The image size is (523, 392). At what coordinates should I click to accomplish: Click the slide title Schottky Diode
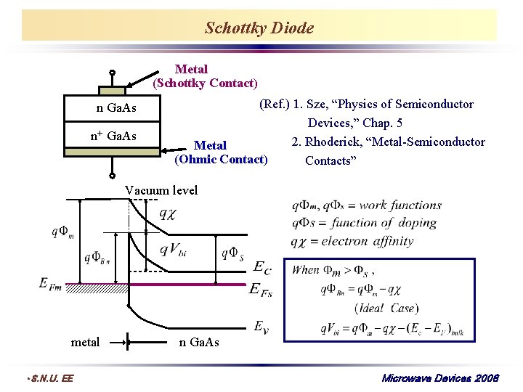[259, 28]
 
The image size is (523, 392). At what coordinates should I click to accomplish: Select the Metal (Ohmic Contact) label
[221, 152]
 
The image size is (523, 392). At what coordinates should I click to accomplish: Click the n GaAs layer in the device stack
[112, 109]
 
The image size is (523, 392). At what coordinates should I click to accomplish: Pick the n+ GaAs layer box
[112, 136]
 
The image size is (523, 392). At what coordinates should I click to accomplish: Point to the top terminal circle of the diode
[113, 73]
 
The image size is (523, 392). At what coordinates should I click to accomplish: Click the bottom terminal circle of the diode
[113, 175]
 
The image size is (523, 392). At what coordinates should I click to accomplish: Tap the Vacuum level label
[161, 190]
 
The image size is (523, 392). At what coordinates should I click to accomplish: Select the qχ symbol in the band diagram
[167, 214]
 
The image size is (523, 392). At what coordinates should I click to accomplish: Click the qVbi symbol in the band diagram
[173, 250]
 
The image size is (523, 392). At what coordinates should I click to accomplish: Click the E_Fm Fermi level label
[50, 282]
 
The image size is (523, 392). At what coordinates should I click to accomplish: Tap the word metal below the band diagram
[85, 342]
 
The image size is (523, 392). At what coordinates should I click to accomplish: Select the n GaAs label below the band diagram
[198, 342]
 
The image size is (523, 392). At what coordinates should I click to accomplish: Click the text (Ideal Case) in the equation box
[384, 309]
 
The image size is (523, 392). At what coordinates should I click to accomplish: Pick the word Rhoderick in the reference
[337, 142]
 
